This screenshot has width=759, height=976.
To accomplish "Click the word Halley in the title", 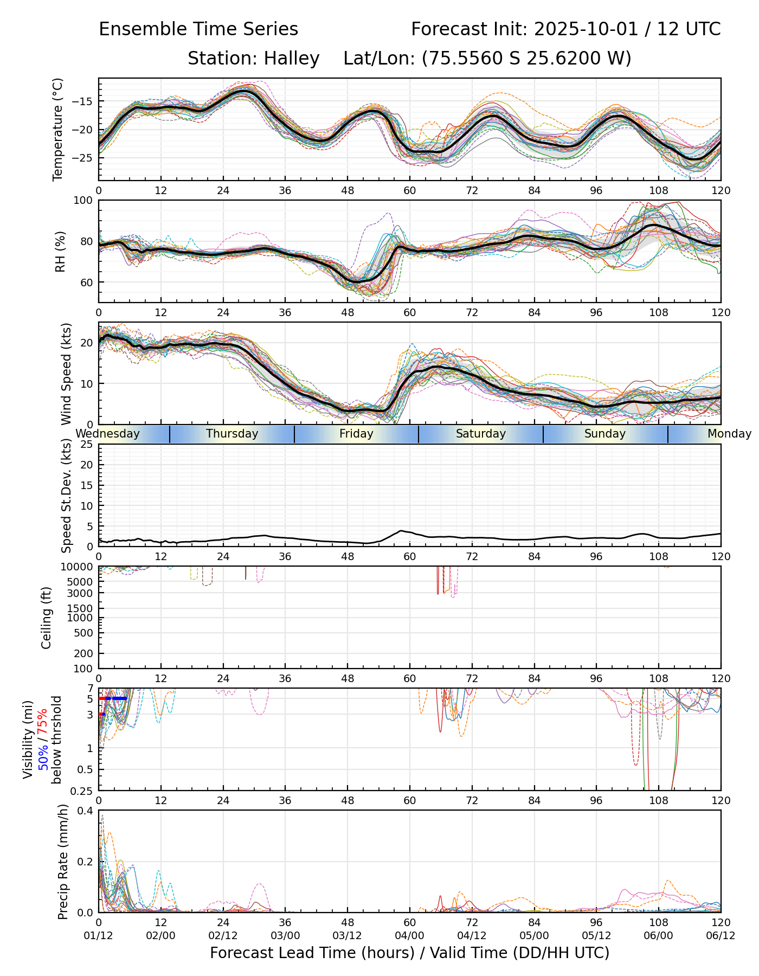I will pyautogui.click(x=292, y=59).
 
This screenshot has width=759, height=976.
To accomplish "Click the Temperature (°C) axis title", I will pyautogui.click(x=58, y=129).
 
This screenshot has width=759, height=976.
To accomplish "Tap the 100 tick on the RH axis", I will pyautogui.click(x=84, y=201).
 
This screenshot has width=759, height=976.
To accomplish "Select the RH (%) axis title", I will pyautogui.click(x=61, y=251).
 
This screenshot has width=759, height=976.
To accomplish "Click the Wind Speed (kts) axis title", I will pyautogui.click(x=66, y=374).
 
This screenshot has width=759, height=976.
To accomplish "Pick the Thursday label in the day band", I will pyautogui.click(x=232, y=434).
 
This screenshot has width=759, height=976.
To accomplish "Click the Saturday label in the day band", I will pyautogui.click(x=480, y=434).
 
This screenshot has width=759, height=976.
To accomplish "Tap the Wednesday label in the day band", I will pyautogui.click(x=107, y=434).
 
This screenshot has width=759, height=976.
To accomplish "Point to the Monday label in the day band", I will pyautogui.click(x=729, y=434).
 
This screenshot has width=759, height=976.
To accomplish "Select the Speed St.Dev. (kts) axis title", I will pyautogui.click(x=66, y=495).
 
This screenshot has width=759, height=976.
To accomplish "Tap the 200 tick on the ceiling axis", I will pyautogui.click(x=84, y=653).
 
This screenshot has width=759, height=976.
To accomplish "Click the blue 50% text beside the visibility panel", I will pyautogui.click(x=44, y=755).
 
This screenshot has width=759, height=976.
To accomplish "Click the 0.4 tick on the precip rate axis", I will pyautogui.click(x=86, y=811).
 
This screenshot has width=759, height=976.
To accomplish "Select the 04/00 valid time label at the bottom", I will pyautogui.click(x=410, y=935).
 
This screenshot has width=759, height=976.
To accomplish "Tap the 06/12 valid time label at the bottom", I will pyautogui.click(x=721, y=935).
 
